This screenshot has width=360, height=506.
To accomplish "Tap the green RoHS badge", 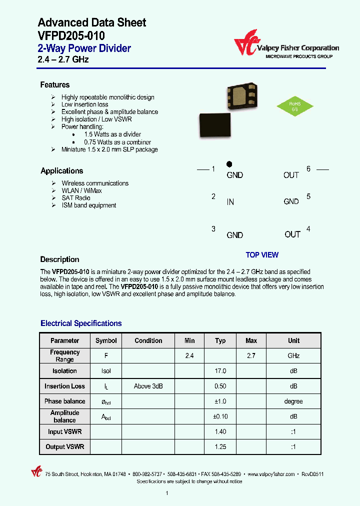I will (295, 106).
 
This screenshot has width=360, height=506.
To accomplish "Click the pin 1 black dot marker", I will (229, 164).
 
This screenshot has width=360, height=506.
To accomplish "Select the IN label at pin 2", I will (230, 202).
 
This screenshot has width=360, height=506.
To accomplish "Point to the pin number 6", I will (308, 169).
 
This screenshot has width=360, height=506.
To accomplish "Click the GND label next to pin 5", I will (291, 201).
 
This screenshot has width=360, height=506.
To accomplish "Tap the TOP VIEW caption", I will (262, 255).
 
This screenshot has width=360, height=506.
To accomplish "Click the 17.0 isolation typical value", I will (220, 371).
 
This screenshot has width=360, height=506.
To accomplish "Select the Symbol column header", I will (106, 340).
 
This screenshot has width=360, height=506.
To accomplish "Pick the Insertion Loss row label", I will (64, 386).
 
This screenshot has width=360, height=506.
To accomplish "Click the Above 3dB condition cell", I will (148, 386).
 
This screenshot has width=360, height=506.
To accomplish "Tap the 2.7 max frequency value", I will (251, 355).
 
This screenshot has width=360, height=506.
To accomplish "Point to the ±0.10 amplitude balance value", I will (220, 416).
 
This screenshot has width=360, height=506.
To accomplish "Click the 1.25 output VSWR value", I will (220, 446).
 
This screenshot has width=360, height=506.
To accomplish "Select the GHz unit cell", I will (293, 355).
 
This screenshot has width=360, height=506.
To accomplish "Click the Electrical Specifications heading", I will (81, 323).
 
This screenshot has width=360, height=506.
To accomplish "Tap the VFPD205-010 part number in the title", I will (71, 35).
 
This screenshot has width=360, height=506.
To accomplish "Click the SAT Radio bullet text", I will (76, 198).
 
